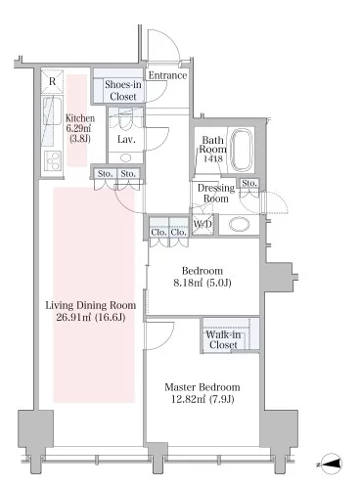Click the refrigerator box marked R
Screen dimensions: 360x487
pos(53,81)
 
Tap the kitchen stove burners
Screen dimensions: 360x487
pos(53,160)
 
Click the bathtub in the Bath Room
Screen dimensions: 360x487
pos(242,150)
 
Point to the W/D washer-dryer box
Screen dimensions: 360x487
pos(202,224)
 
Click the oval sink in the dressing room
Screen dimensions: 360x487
pos(239,224)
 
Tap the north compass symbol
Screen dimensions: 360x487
pos(331,463)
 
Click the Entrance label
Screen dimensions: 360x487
pos(167,75)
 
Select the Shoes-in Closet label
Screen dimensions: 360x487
pos(123,90)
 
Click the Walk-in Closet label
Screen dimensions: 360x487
pos(223,339)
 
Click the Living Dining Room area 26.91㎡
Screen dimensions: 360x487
pos(73,317)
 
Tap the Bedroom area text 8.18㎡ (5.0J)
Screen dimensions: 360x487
pos(202,283)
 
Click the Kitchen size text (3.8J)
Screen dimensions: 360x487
pos(80,139)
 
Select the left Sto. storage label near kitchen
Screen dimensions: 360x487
pos(105,174)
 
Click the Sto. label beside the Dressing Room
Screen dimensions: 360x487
pos(249,183)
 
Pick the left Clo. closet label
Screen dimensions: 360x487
pos(158,232)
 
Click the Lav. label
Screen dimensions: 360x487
pos(126,140)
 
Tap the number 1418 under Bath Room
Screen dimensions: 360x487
pos(213,158)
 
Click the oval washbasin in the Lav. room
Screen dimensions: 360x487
pos(125,158)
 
